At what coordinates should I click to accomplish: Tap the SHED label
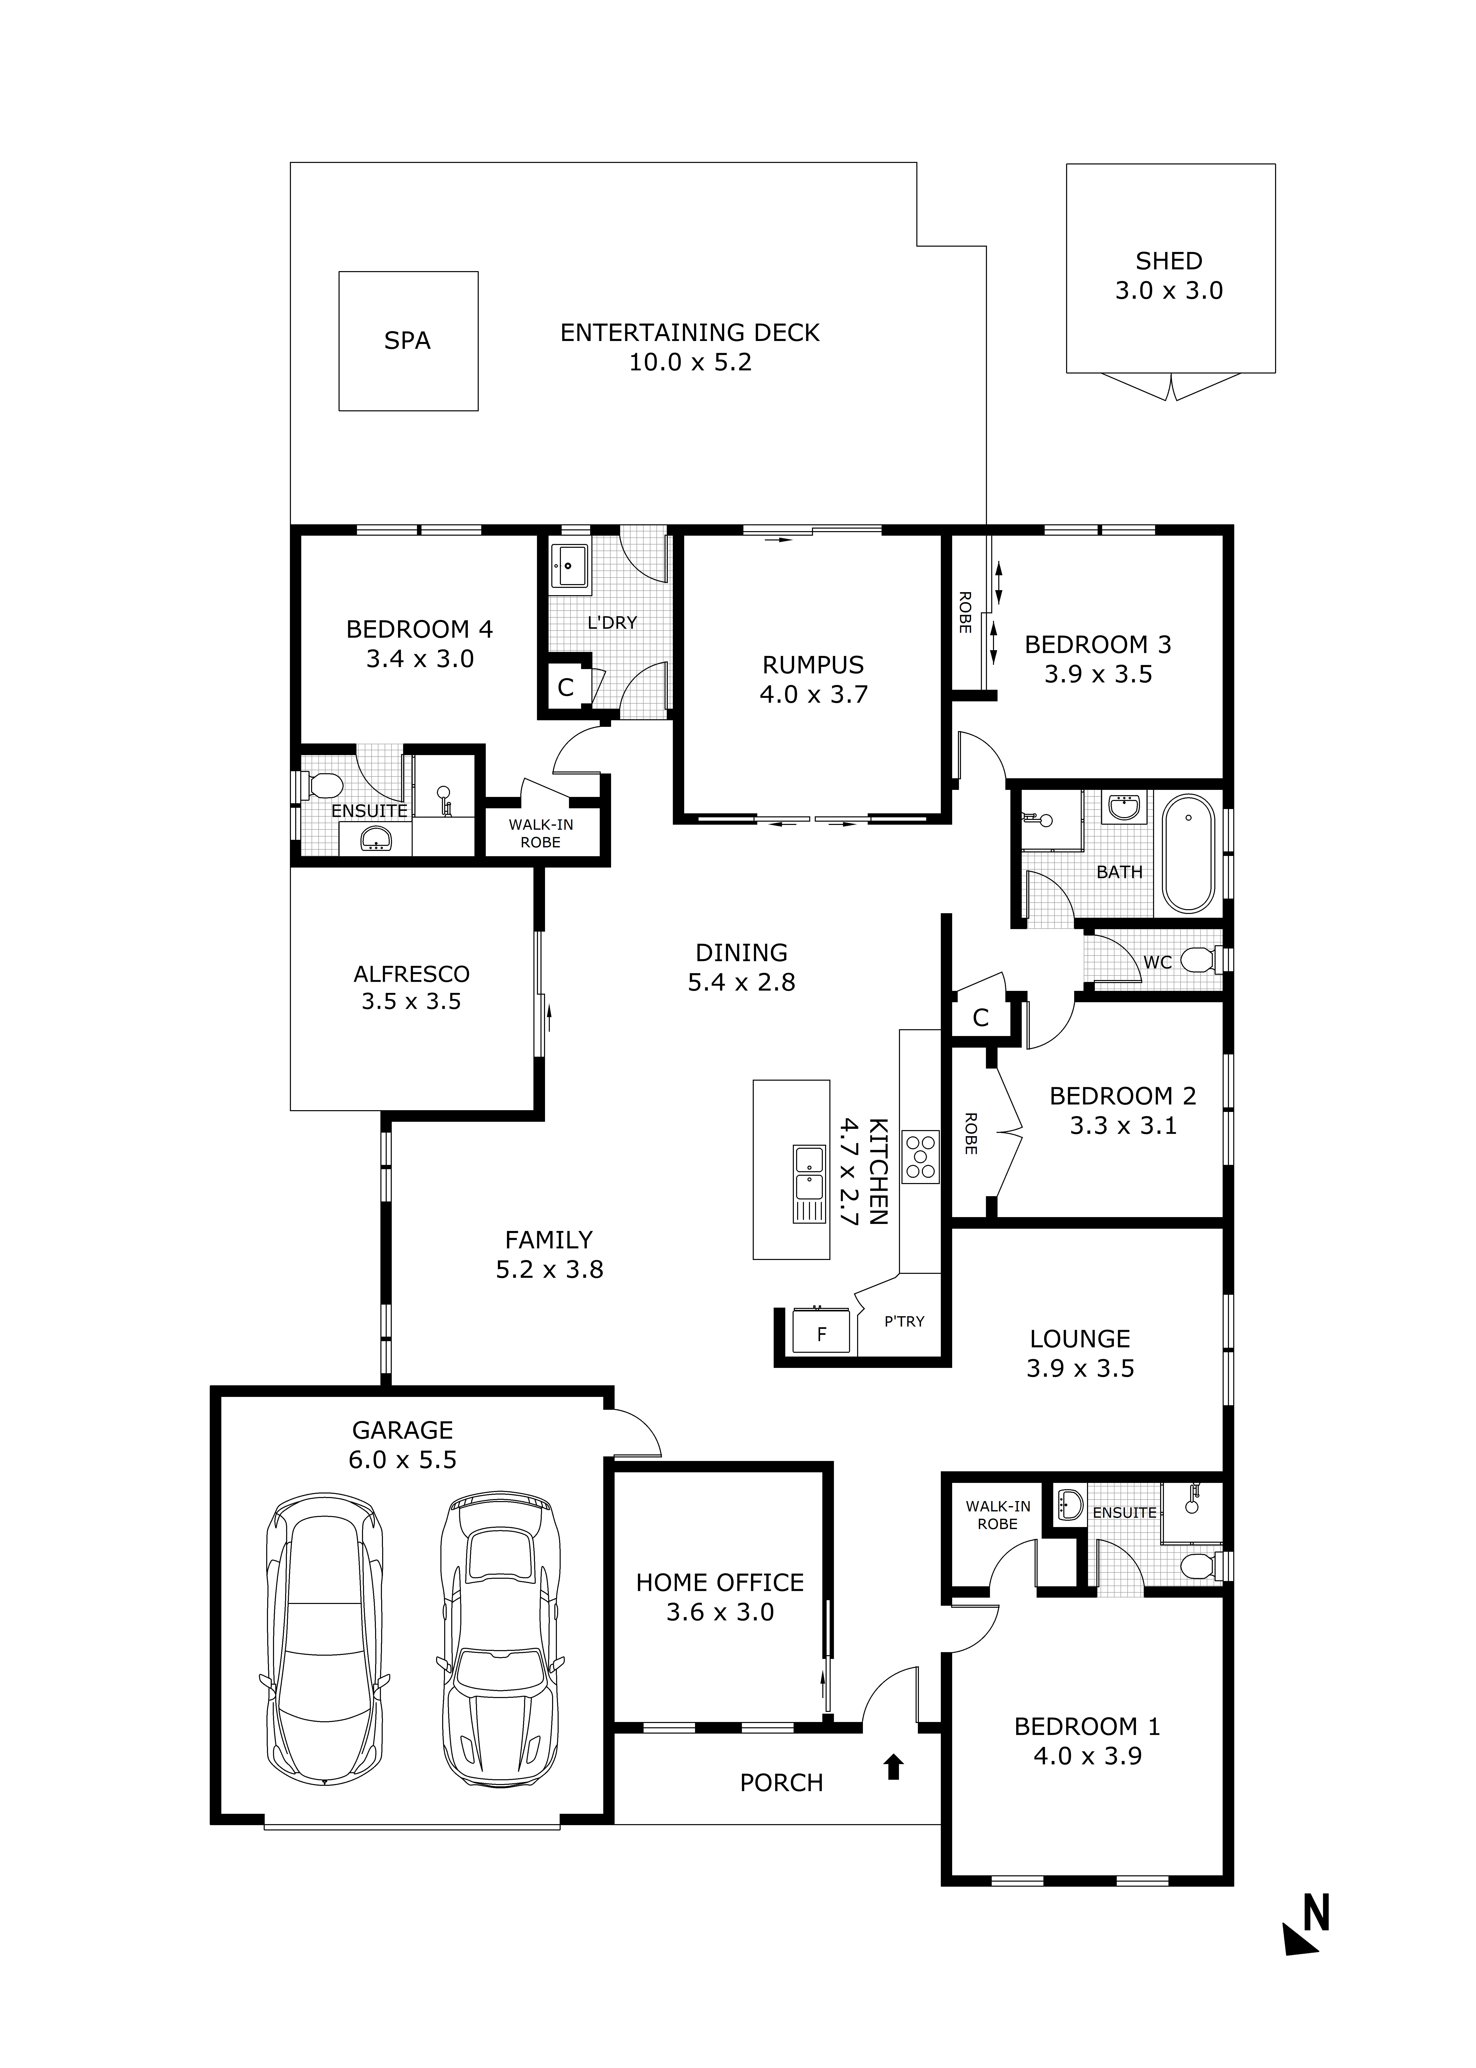tap(1169, 261)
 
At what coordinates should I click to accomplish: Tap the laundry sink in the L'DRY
tap(569, 567)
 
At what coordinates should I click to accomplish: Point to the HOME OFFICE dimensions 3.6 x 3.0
tap(720, 1613)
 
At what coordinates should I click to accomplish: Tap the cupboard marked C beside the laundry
tap(565, 687)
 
